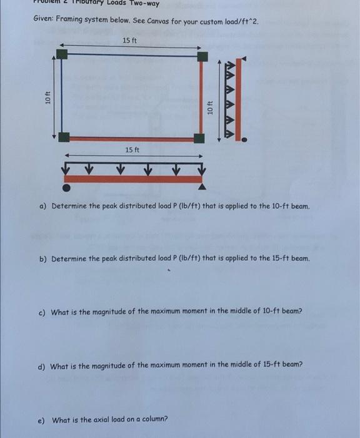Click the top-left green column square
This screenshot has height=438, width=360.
(x=61, y=54)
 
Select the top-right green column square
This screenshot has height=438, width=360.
(x=202, y=56)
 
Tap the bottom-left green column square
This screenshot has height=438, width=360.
(x=63, y=138)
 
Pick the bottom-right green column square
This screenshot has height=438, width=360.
(x=199, y=138)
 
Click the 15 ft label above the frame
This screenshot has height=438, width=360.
(x=130, y=41)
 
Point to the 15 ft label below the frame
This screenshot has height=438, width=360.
(x=132, y=150)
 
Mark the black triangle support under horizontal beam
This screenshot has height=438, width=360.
(x=201, y=186)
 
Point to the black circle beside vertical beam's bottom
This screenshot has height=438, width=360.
(x=244, y=141)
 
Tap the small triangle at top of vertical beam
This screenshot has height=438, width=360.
(x=244, y=59)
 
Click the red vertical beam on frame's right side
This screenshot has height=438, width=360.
(x=202, y=97)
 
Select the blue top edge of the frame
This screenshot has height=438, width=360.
(x=131, y=55)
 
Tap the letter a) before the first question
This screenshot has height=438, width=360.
(x=42, y=206)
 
